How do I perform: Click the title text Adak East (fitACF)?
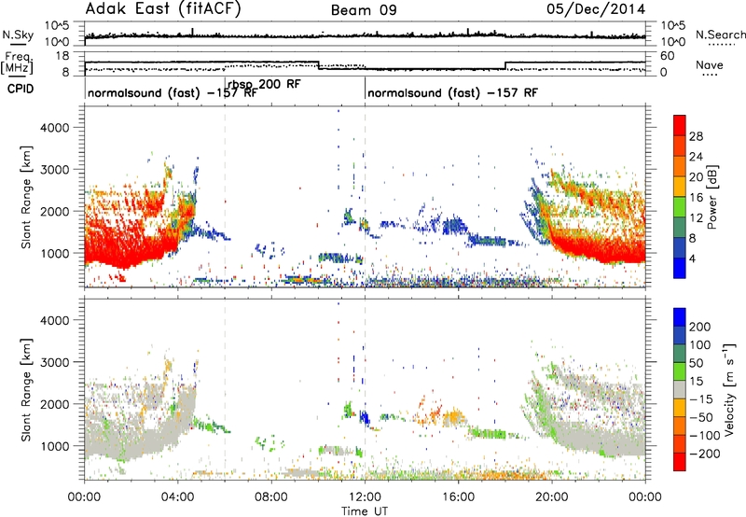pos(163,8)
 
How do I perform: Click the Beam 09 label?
pos(364,10)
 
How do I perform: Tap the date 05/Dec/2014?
pos(596,9)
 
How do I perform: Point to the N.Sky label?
pos(18,35)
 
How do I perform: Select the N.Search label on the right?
pos(720,35)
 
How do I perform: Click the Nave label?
pos(710,65)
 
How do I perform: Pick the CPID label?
pos(21,89)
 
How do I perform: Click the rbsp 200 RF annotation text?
pos(264,85)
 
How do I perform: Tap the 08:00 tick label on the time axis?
pos(271,497)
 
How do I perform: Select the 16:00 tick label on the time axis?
pos(458,497)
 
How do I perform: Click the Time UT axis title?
pos(365,511)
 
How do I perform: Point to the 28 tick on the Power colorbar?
pos(696,136)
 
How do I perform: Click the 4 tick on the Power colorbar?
pos(692,258)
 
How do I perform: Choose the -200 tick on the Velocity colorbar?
pos(705,454)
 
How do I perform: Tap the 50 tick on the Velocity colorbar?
pos(696,363)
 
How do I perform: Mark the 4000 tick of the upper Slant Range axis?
pos(55,128)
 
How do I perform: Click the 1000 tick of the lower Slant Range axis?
pos(55,446)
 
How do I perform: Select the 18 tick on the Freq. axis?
pos(62,56)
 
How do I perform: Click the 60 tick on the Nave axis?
pos(668,56)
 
